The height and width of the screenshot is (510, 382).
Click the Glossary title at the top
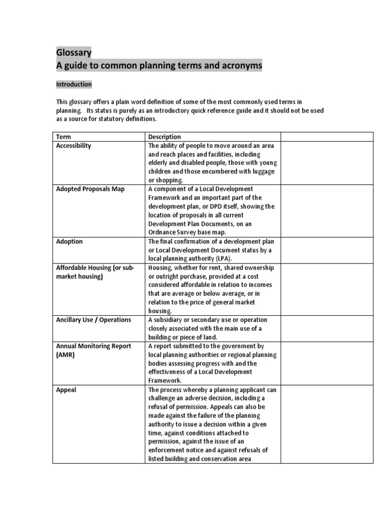click(73, 53)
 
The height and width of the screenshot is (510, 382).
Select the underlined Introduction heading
click(74, 85)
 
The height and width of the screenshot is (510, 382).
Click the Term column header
click(64, 137)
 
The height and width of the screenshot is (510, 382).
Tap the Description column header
click(165, 137)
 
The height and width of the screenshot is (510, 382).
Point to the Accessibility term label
click(74, 146)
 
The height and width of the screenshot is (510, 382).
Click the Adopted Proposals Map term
click(91, 189)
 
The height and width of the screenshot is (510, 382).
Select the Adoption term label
click(70, 242)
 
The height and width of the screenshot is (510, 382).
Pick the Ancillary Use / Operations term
click(94, 320)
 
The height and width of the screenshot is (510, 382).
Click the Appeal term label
click(66, 389)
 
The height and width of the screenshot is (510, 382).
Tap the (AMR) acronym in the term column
click(65, 355)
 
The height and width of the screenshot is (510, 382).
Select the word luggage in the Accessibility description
click(256, 172)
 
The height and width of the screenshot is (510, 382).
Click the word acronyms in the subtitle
click(240, 66)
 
